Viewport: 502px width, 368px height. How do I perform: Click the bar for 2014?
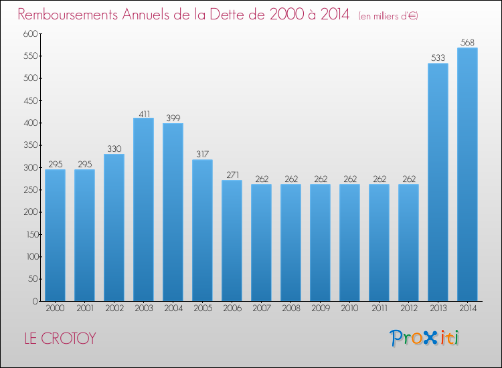[x=467, y=174]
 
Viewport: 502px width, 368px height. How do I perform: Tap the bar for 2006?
[x=232, y=240]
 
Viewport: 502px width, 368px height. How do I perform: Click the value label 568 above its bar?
[x=467, y=43]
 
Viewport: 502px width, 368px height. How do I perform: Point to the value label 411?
[x=143, y=113]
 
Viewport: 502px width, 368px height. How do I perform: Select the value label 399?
[x=173, y=118]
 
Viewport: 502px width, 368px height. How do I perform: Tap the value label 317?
[x=202, y=155]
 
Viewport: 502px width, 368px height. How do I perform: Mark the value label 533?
[x=438, y=58]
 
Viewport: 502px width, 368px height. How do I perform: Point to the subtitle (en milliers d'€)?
[x=388, y=15]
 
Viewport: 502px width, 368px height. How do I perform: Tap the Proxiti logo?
[x=424, y=338]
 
